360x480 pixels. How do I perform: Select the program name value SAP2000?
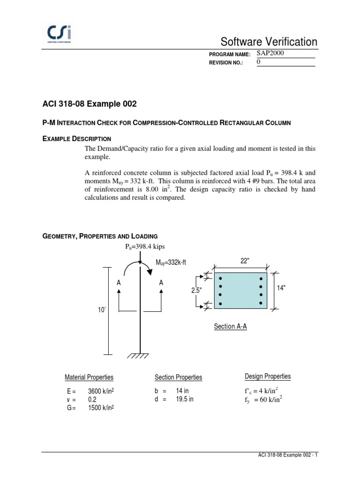(270, 53)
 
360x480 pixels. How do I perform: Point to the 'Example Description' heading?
(76, 138)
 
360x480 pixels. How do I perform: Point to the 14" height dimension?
(282, 288)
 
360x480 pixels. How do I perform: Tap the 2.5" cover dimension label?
(196, 290)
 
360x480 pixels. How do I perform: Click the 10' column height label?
(100, 310)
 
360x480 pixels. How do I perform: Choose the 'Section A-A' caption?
(230, 326)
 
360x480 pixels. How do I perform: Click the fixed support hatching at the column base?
(140, 357)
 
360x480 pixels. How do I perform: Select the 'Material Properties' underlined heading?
(89, 377)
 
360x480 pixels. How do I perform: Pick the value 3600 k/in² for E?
(101, 390)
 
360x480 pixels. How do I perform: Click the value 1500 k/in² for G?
(101, 408)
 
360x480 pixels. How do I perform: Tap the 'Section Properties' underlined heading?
(179, 377)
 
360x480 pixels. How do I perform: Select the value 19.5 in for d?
(185, 399)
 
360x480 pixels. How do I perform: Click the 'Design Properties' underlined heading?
(268, 376)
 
